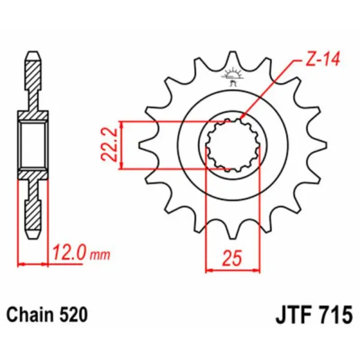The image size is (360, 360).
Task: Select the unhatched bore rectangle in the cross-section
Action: click(34, 145)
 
